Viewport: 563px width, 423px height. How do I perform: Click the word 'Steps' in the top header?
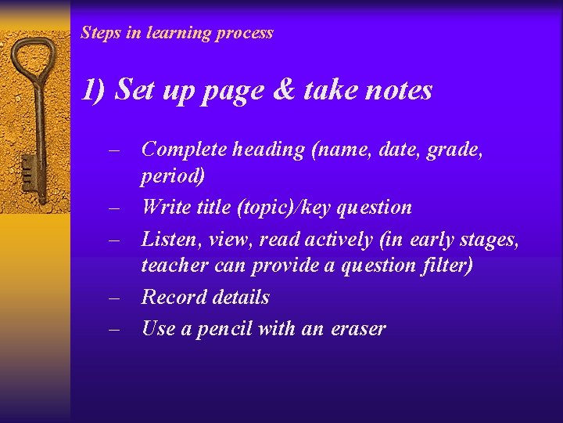tap(99, 33)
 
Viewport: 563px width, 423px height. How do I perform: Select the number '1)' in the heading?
tap(94, 91)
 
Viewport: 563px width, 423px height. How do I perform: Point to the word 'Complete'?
tap(184, 150)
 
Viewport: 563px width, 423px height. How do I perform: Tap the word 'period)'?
tap(173, 176)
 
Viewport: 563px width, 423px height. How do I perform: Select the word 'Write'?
tap(165, 208)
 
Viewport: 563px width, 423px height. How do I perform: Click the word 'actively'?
tap(335, 239)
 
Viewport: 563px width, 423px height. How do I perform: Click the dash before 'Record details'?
tap(114, 298)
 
